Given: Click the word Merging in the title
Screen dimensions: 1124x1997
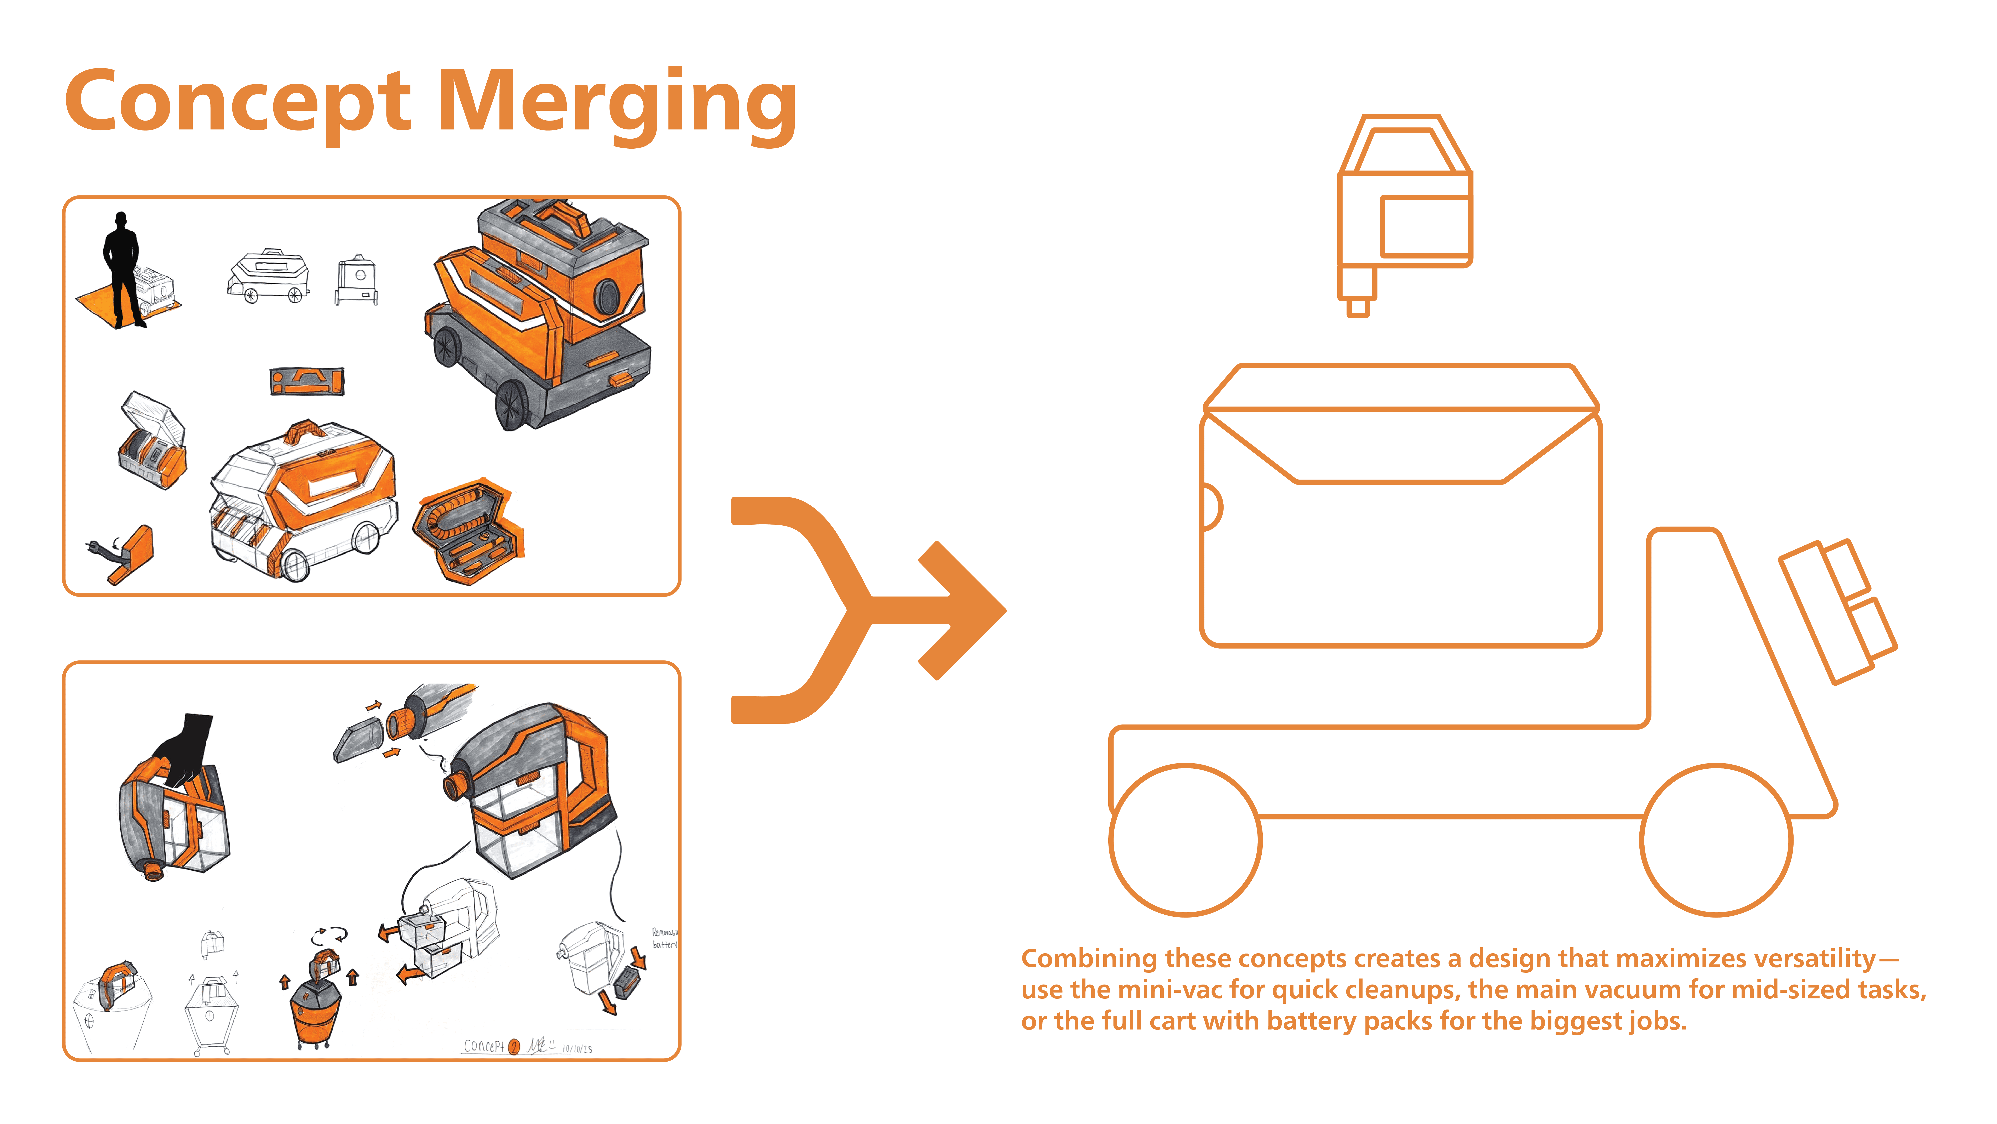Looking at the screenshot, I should coord(616,105).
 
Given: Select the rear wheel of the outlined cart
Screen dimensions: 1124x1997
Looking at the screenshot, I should coord(1716,840).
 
